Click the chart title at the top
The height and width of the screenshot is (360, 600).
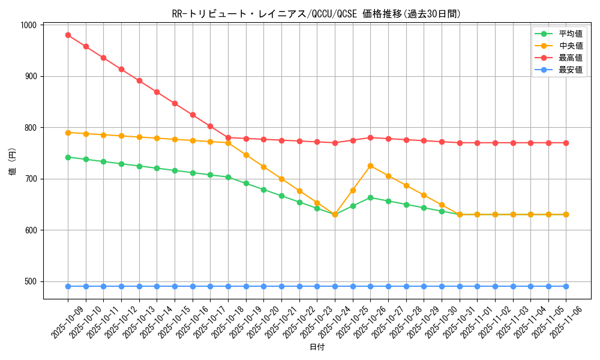click(x=316, y=14)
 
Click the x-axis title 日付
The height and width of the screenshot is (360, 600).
click(x=317, y=347)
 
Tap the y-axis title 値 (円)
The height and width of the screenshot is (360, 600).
click(x=13, y=161)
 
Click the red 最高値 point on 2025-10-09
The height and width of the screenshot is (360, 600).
click(x=68, y=35)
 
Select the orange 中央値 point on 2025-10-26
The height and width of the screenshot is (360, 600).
click(x=370, y=166)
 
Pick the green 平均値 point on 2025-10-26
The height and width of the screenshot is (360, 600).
click(x=370, y=197)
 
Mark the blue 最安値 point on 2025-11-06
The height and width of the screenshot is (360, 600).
click(x=566, y=286)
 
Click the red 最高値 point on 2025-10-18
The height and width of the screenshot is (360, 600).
click(x=228, y=137)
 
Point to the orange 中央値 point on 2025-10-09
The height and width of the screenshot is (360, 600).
click(x=68, y=133)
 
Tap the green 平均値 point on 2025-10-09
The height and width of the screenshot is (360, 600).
click(x=68, y=157)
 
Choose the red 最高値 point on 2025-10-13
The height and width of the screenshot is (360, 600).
click(x=139, y=80)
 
